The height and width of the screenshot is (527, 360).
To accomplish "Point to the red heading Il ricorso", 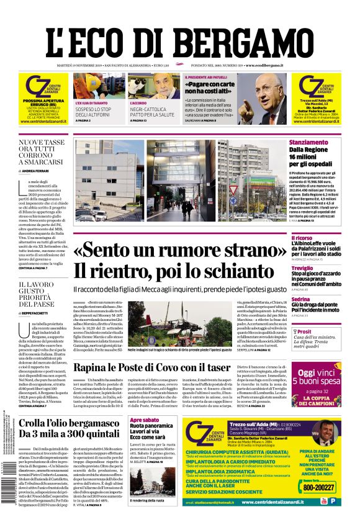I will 302,238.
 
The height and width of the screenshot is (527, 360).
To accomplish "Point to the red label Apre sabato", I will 144,420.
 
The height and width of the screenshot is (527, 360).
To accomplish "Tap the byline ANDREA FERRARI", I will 37,170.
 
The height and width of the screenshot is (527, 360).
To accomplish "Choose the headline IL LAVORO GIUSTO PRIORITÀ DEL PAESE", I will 38,294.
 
